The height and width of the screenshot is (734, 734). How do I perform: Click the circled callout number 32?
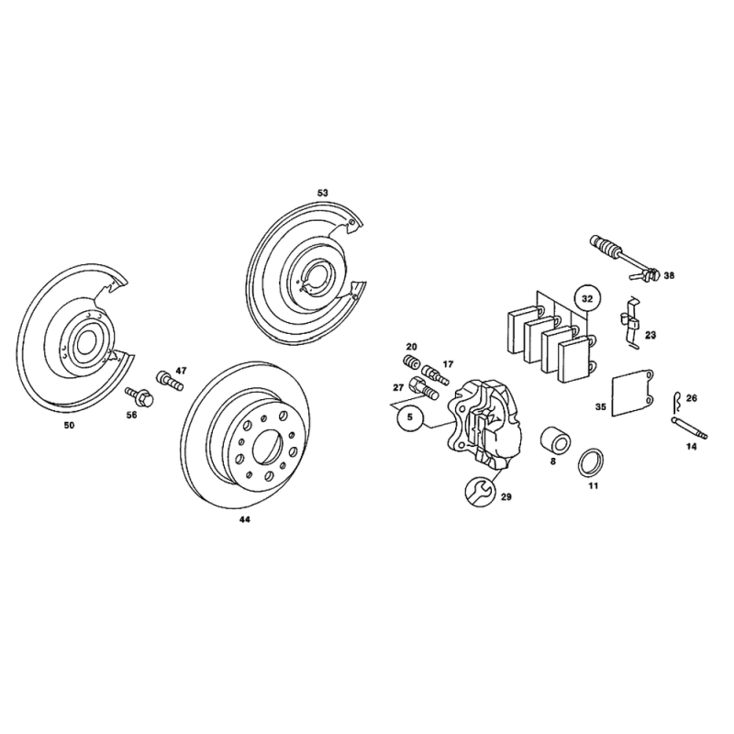pos(587,298)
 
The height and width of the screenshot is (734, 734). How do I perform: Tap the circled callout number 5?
pos(410,417)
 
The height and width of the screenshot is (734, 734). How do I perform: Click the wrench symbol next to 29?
pos(479,492)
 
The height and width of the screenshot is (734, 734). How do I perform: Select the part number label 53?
pos(323,193)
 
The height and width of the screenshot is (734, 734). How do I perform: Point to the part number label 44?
pos(244,519)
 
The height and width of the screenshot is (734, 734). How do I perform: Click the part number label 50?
pos(69,426)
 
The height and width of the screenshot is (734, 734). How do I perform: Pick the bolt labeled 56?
pos(137,397)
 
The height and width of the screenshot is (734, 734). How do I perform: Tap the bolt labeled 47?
pos(169,380)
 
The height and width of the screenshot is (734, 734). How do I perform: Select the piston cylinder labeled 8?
pos(555,440)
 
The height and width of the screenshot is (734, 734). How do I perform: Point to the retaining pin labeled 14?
pos(690,428)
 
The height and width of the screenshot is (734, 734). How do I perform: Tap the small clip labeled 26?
pos(678,399)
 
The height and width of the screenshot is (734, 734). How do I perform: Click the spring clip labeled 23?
pos(631,323)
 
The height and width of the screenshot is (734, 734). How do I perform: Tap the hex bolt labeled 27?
pos(424,388)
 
